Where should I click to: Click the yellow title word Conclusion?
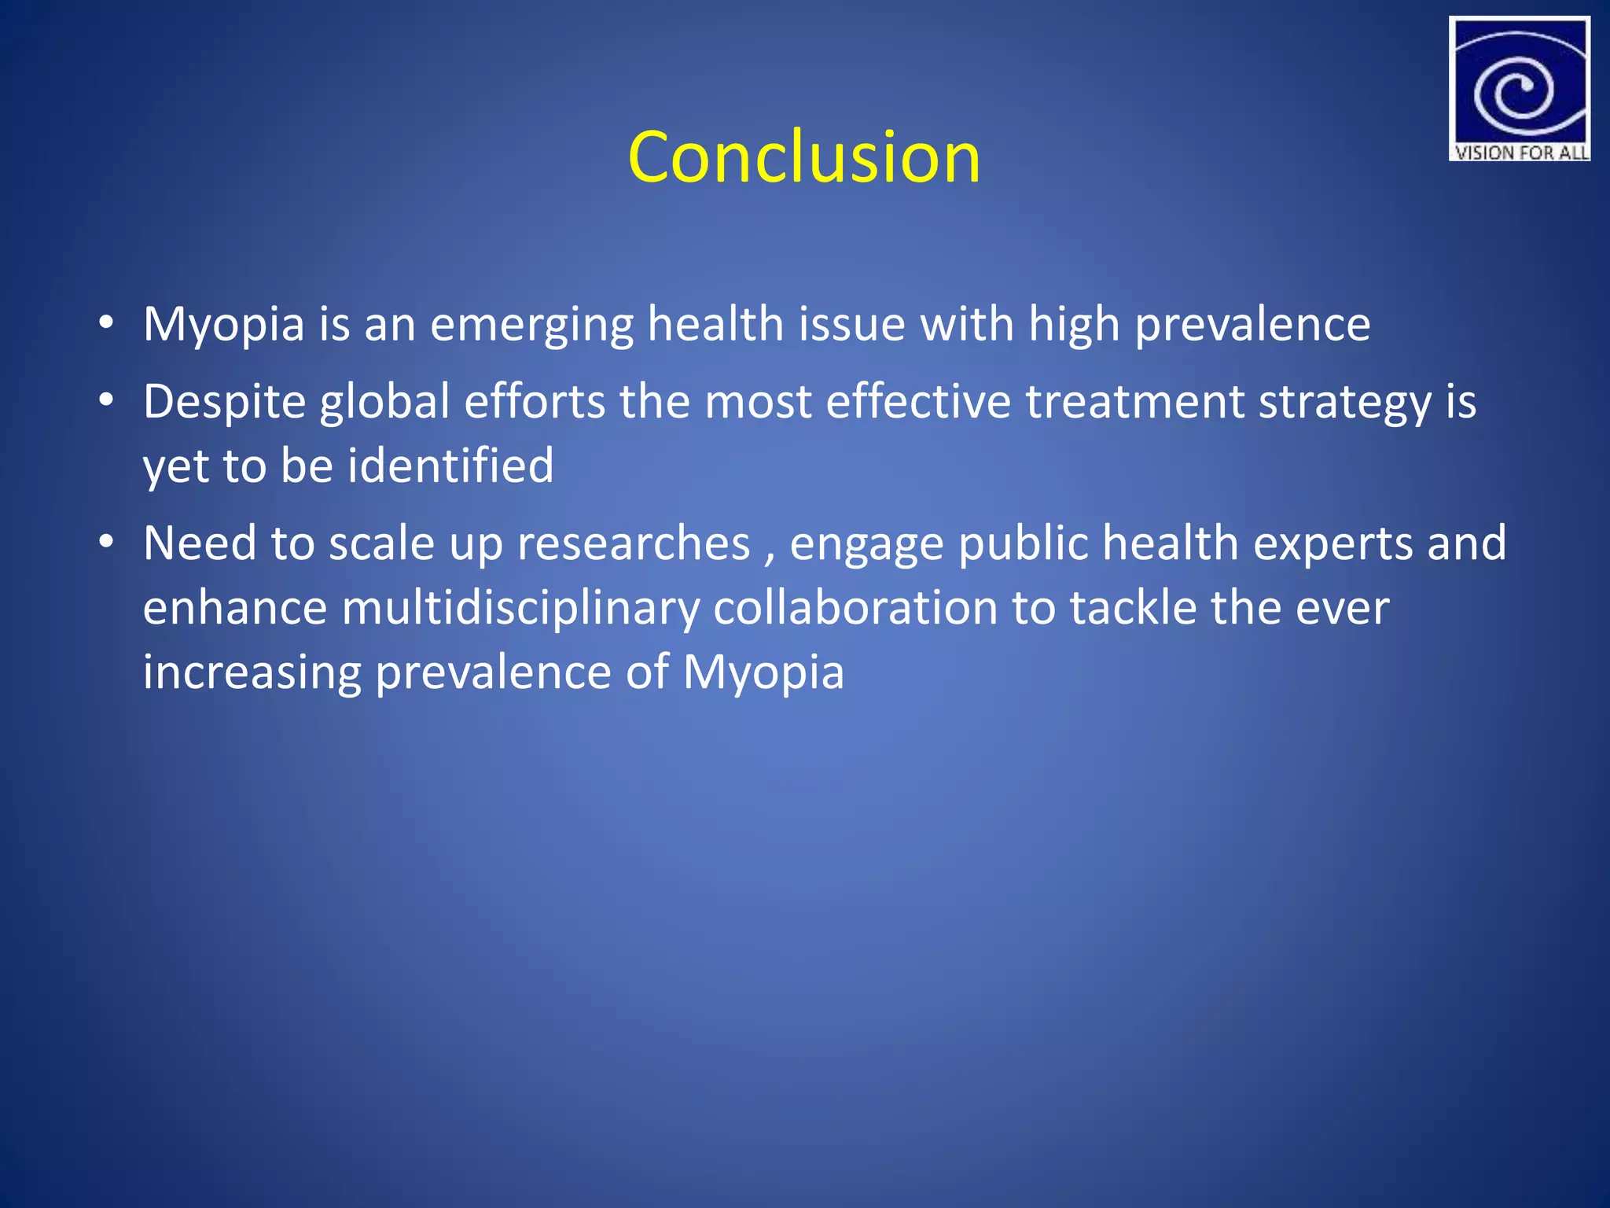pyautogui.click(x=804, y=157)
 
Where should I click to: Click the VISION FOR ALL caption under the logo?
pyautogui.click(x=1520, y=153)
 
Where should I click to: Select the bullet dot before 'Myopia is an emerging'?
pyautogui.click(x=106, y=322)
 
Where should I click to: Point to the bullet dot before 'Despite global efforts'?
pyautogui.click(x=106, y=400)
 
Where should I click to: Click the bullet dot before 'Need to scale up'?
pyautogui.click(x=106, y=542)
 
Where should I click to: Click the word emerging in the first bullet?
pyautogui.click(x=531, y=326)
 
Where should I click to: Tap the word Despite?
pyautogui.click(x=224, y=403)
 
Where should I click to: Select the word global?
pyautogui.click(x=384, y=403)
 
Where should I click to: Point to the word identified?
pyautogui.click(x=450, y=465)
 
